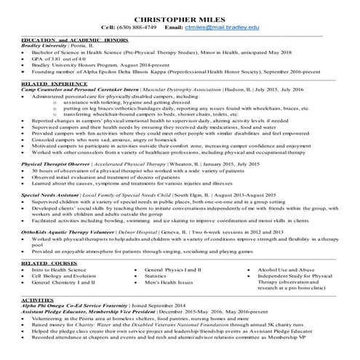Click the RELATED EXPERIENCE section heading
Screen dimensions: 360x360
51,85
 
